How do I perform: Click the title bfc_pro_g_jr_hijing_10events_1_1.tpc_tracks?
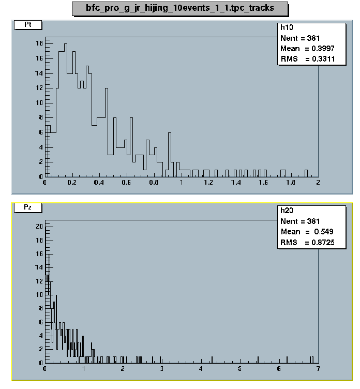[x=179, y=8]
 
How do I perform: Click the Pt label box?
[x=25, y=24]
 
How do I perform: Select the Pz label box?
[x=25, y=207]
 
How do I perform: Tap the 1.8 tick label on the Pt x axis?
[x=291, y=183]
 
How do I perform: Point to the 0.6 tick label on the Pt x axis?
[x=127, y=183]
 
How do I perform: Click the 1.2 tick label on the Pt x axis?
[x=209, y=183]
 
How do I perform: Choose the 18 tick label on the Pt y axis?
[x=39, y=44]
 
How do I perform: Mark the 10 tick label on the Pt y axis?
[x=39, y=102]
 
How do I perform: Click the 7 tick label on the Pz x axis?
[x=318, y=369]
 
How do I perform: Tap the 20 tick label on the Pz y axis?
[x=39, y=227]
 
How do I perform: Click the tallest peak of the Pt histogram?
[x=65, y=44]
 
